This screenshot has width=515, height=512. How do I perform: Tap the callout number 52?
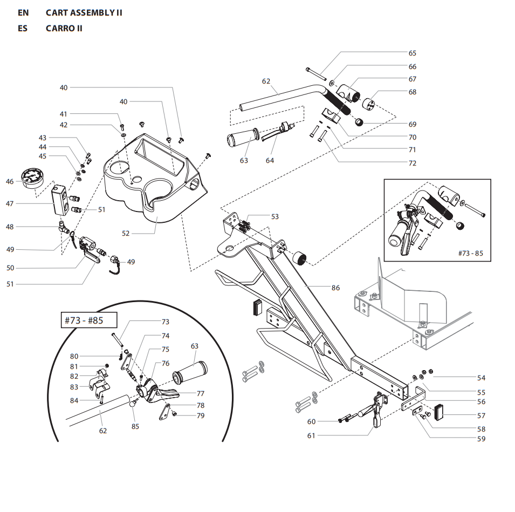click(126, 233)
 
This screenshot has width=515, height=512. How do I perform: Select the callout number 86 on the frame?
click(335, 288)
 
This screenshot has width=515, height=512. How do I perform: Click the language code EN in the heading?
click(23, 12)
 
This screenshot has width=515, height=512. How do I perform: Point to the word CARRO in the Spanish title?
click(60, 28)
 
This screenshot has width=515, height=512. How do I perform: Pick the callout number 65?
click(412, 53)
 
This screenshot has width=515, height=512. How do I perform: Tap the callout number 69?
click(412, 124)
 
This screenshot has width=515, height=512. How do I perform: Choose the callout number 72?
click(412, 163)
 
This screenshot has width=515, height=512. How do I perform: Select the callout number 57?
click(481, 415)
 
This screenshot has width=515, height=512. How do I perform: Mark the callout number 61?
click(311, 435)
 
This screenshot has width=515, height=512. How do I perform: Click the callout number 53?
click(275, 216)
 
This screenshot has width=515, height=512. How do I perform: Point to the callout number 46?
click(10, 182)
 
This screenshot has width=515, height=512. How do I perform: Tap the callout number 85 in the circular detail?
click(135, 426)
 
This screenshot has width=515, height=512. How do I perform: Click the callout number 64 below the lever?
click(270, 160)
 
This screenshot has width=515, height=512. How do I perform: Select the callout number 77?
click(200, 393)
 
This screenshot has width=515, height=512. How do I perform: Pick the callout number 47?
click(10, 203)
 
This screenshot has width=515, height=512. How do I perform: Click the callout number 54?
click(481, 378)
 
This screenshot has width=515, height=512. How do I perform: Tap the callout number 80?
click(74, 356)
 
